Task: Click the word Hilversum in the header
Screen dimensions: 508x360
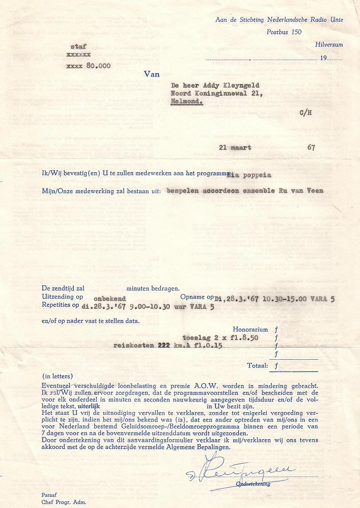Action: click(329, 45)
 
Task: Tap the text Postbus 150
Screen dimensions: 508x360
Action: click(284, 32)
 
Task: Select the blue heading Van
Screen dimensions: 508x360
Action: click(152, 74)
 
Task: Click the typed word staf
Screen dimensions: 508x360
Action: click(78, 46)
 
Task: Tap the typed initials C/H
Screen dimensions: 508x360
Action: click(306, 113)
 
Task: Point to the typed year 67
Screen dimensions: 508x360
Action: click(311, 148)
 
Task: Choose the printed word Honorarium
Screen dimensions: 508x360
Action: click(251, 330)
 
